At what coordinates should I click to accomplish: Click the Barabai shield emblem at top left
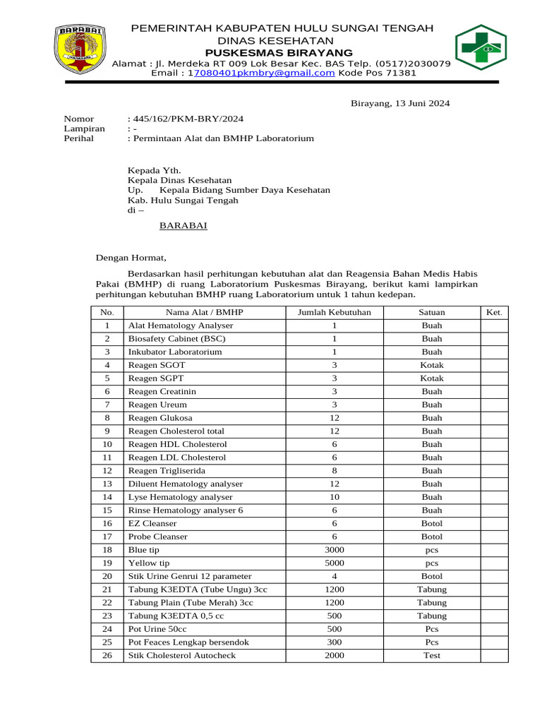pyautogui.click(x=80, y=51)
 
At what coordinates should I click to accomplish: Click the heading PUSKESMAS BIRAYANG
pyautogui.click(x=279, y=53)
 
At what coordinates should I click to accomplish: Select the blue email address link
pyautogui.click(x=264, y=73)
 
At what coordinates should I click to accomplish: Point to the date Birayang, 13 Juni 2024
pyautogui.click(x=400, y=104)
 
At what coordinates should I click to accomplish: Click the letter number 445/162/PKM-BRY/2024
pyautogui.click(x=188, y=119)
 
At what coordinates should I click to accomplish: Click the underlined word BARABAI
pyautogui.click(x=183, y=226)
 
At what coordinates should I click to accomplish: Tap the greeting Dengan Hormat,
pyautogui.click(x=131, y=258)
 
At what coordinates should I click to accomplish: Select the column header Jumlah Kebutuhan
pyautogui.click(x=335, y=312)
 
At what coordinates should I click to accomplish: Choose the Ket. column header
pyautogui.click(x=493, y=312)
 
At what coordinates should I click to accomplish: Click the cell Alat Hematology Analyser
pyautogui.click(x=181, y=325)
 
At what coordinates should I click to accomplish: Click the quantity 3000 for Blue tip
pyautogui.click(x=335, y=549)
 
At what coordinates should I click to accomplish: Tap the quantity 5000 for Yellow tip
pyautogui.click(x=335, y=563)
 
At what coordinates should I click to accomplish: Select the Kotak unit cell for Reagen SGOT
pyautogui.click(x=432, y=365)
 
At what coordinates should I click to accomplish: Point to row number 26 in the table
pyautogui.click(x=107, y=655)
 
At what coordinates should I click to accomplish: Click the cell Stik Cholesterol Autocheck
pyautogui.click(x=182, y=655)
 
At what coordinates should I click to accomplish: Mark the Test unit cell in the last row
pyautogui.click(x=432, y=655)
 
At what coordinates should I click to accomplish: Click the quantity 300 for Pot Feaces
pyautogui.click(x=335, y=642)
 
